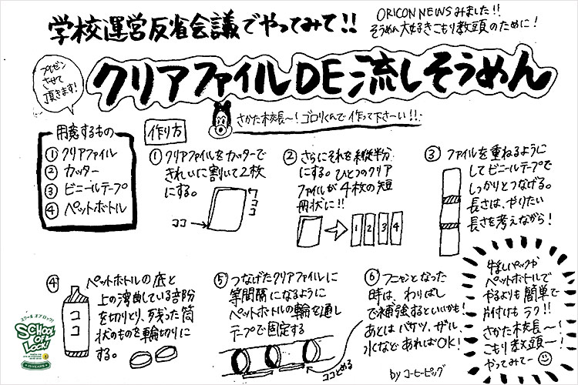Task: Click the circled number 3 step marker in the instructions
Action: coord(435,149)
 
